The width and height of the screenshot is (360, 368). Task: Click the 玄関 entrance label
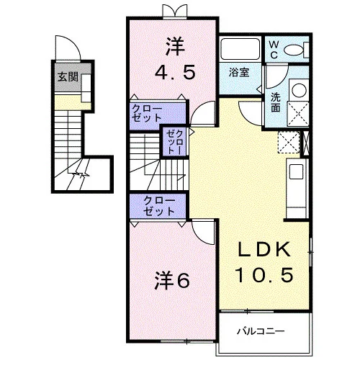click(68, 77)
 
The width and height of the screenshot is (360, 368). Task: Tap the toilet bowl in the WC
click(294, 50)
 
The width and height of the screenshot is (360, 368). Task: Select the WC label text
click(274, 50)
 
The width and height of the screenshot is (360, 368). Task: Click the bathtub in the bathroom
click(240, 49)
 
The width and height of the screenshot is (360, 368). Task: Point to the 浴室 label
click(239, 72)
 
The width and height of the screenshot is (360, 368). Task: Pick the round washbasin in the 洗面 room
click(299, 90)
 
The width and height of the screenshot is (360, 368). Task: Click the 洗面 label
click(276, 102)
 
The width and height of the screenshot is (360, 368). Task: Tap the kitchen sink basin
click(296, 171)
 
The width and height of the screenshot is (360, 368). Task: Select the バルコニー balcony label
click(261, 331)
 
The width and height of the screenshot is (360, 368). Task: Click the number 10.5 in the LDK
click(264, 274)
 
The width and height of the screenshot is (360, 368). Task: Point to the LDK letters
click(264, 250)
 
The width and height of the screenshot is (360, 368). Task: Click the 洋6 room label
click(172, 280)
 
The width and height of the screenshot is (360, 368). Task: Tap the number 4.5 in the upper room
click(174, 72)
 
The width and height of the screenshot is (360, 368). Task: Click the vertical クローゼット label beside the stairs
click(175, 143)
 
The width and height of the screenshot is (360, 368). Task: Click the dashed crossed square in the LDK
click(289, 142)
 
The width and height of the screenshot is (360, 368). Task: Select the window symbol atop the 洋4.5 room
click(174, 11)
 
